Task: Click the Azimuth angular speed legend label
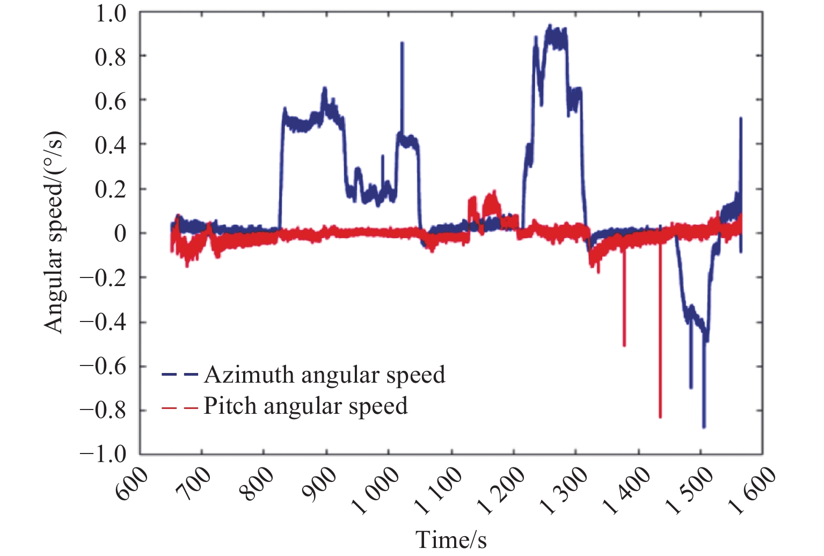coord(324,375)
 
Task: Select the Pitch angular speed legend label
coord(305,406)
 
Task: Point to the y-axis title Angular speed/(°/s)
coord(54,232)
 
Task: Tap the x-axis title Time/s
coord(451,539)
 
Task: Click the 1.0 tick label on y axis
coord(111,13)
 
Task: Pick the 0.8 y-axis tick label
coord(111,56)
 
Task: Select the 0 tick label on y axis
coord(120,233)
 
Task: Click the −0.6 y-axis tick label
coord(103,367)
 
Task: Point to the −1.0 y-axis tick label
coord(103,454)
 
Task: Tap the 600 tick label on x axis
coord(132,483)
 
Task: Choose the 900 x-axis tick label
coord(320,483)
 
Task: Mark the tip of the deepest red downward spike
coord(660,417)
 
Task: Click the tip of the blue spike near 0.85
coord(402,43)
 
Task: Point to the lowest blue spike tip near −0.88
coord(704,427)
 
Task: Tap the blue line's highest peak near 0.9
coord(550,25)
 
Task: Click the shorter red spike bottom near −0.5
coord(624,346)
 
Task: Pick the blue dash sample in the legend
coord(180,375)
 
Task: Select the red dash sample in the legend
coord(180,407)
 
